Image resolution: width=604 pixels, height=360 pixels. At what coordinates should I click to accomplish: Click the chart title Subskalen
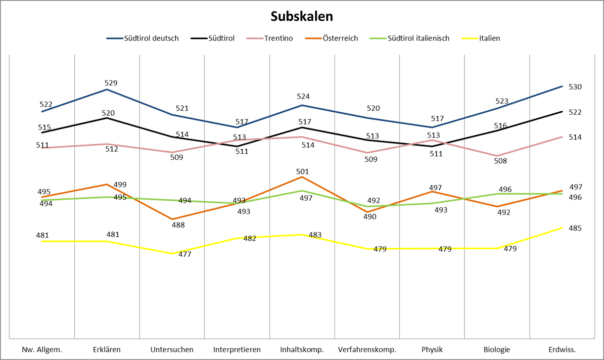(302, 16)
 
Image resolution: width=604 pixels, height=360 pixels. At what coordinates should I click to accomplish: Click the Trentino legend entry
(278, 38)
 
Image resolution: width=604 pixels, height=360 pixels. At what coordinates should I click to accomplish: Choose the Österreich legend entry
(340, 38)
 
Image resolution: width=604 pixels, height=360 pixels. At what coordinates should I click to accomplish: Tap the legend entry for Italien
(489, 38)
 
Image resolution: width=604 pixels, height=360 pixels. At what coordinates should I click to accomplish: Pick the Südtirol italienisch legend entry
(418, 38)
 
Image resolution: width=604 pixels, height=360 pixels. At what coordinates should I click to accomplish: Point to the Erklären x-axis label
(107, 350)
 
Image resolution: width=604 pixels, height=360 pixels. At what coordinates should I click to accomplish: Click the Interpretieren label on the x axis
(237, 350)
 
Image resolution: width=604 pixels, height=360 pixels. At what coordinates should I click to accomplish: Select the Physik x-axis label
(432, 350)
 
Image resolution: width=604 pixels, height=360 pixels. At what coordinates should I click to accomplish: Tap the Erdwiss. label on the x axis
(562, 350)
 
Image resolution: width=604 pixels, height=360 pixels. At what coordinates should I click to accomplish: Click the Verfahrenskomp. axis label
(367, 350)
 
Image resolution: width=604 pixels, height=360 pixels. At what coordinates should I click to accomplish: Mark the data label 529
(111, 83)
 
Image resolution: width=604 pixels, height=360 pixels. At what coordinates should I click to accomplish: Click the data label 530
(575, 87)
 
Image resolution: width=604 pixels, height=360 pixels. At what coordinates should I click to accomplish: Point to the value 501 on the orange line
(302, 172)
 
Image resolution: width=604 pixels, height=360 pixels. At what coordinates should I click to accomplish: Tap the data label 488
(178, 225)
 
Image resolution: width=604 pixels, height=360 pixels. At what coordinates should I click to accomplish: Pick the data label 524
(302, 96)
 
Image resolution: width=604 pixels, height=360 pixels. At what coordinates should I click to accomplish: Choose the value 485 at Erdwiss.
(575, 228)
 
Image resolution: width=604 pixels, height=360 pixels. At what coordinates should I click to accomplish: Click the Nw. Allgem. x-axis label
(42, 350)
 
